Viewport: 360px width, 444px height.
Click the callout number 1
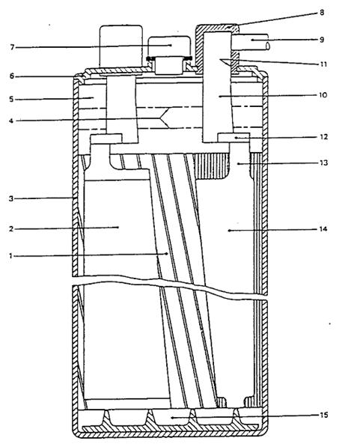pyautogui.click(x=10, y=256)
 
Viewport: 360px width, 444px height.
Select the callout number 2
pyautogui.click(x=11, y=228)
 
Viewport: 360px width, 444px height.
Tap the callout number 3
pyautogui.click(x=11, y=198)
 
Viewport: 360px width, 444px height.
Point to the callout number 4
pyautogui.click(x=11, y=121)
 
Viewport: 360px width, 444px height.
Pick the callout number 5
pyautogui.click(x=11, y=99)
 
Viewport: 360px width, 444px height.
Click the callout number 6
pyautogui.click(x=11, y=76)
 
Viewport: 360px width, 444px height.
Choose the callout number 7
pyautogui.click(x=12, y=47)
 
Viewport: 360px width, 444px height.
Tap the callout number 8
pyautogui.click(x=322, y=13)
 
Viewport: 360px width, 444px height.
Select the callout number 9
pyautogui.click(x=322, y=40)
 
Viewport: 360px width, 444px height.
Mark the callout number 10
pyautogui.click(x=323, y=94)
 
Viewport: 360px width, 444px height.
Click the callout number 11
pyautogui.click(x=323, y=64)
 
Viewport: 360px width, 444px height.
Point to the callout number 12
pyautogui.click(x=323, y=137)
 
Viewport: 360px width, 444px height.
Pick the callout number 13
pyautogui.click(x=323, y=162)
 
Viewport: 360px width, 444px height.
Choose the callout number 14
pyautogui.click(x=323, y=228)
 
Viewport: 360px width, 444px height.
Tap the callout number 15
pyautogui.click(x=324, y=416)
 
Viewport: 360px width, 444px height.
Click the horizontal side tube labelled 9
pyautogui.click(x=250, y=42)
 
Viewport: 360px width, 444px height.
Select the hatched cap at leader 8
pyautogui.click(x=218, y=48)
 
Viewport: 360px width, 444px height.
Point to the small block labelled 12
pyautogui.click(x=234, y=137)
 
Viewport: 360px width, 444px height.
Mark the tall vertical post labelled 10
pyautogui.click(x=217, y=87)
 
